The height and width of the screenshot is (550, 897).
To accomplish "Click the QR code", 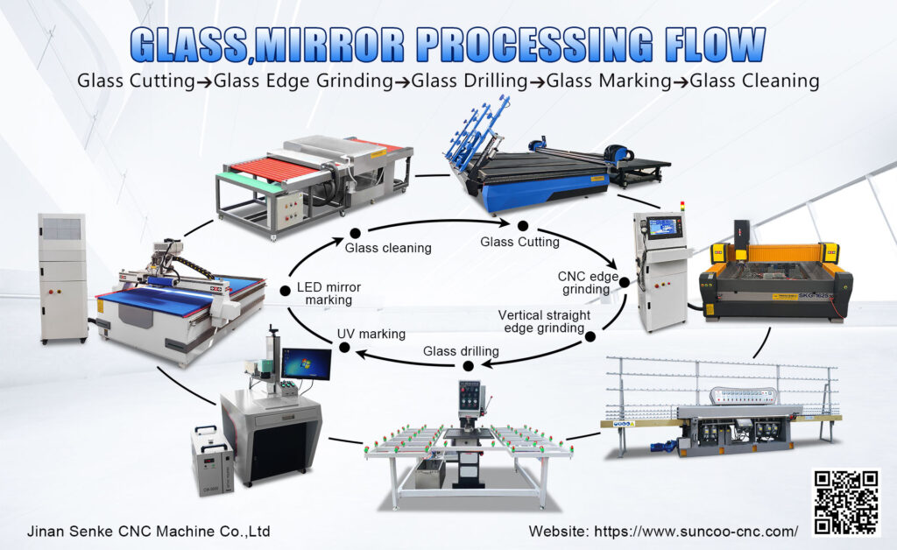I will (x=845, y=502).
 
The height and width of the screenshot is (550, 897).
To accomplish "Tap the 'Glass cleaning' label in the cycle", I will (x=388, y=248).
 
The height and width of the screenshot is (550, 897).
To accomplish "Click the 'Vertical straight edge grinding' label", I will (x=543, y=321).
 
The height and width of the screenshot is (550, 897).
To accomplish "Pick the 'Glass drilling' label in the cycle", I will (x=461, y=351).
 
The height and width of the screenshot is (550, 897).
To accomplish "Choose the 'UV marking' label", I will (x=371, y=334).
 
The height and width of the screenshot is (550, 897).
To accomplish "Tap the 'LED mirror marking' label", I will (x=328, y=293).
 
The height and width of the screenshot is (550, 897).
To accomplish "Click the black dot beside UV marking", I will (x=344, y=348).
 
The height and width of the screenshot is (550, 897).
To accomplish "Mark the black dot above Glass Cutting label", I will (x=522, y=225).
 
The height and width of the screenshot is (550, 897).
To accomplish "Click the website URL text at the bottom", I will (x=663, y=531).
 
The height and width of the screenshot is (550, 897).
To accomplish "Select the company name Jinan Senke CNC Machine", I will (x=148, y=531).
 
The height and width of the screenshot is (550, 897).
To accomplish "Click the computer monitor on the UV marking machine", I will (x=307, y=363).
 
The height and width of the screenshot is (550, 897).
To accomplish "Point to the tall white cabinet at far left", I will (x=62, y=276).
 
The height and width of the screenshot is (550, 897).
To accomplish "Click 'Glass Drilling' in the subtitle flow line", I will (x=469, y=81).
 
